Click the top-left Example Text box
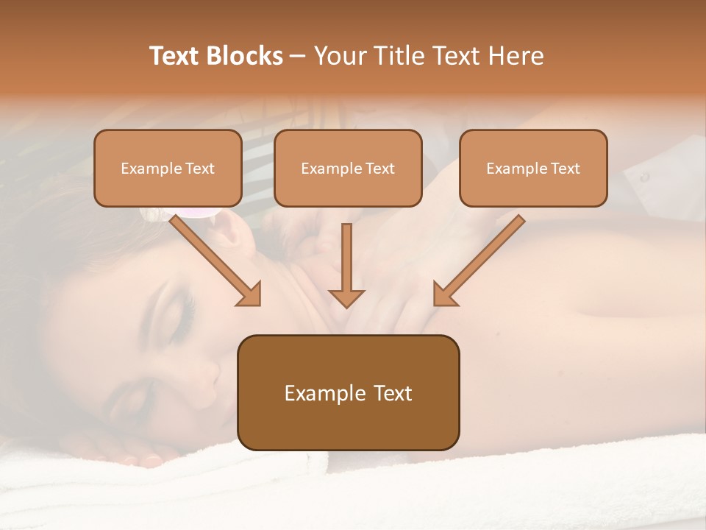coord(168,168)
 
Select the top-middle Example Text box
coord(348,168)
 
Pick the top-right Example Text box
coord(533,168)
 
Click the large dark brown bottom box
coord(348,392)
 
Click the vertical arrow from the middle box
coord(346,264)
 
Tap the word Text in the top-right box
coord(565,169)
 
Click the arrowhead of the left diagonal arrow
coord(249,294)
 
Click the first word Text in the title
coord(175,56)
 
